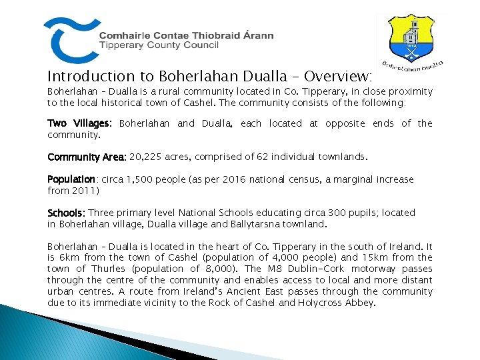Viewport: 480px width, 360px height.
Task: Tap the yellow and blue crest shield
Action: point(413,39)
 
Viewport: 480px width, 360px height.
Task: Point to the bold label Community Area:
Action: point(87,157)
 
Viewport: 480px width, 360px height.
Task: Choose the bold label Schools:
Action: point(67,213)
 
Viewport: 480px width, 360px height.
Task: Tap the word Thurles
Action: point(104,269)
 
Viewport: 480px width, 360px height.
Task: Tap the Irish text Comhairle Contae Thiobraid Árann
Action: point(186,36)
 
